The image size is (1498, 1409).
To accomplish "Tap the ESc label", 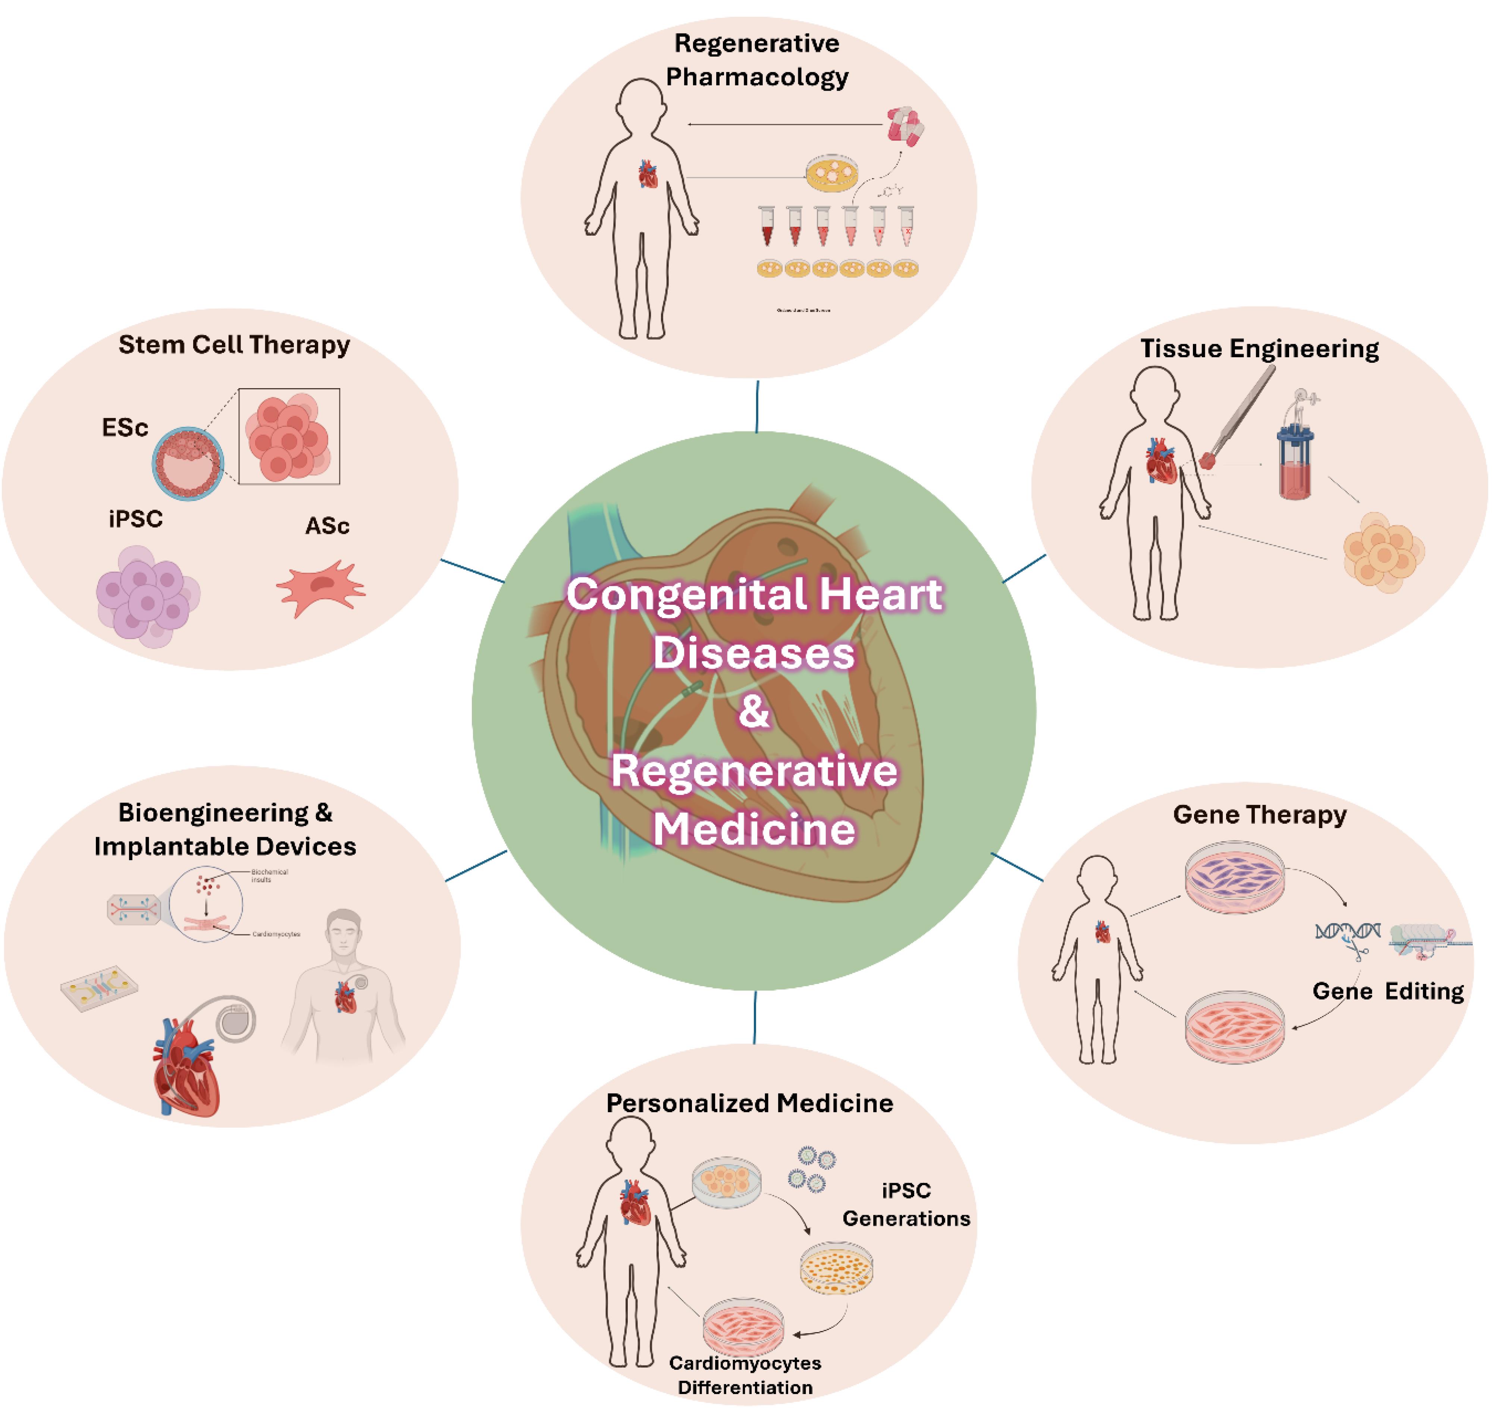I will (x=125, y=428).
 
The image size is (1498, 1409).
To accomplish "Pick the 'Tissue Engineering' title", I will (x=1259, y=349).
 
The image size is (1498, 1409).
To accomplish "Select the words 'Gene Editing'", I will (x=1388, y=991).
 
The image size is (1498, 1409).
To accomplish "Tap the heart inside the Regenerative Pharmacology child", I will (x=647, y=174).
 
